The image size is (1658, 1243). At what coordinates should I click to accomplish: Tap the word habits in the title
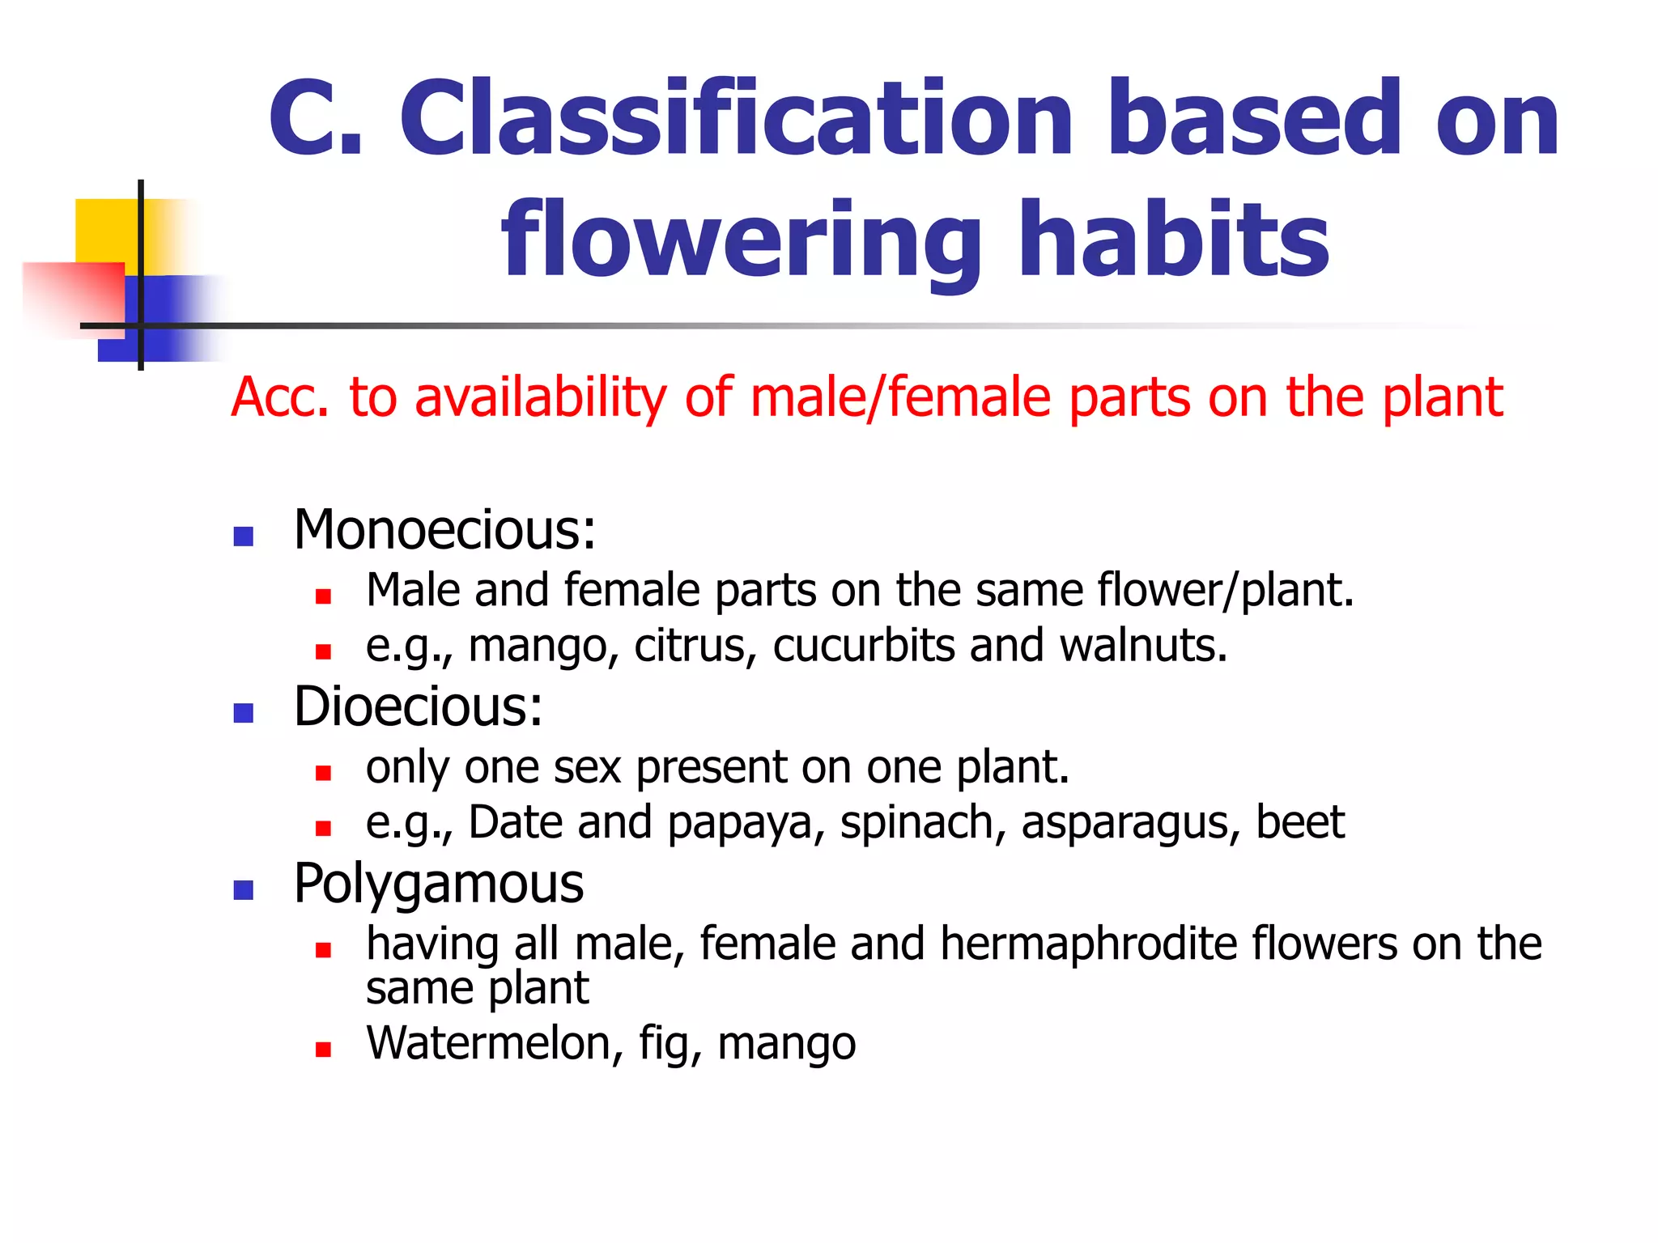coord(1174,240)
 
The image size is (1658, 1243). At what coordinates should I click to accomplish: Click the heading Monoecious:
coord(444,530)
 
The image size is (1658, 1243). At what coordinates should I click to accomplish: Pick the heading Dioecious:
coord(418,706)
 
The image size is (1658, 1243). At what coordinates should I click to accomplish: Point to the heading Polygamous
coord(438,884)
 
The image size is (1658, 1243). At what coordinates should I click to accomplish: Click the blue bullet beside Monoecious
coord(243,537)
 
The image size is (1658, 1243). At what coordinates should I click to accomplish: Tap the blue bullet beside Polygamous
coord(243,890)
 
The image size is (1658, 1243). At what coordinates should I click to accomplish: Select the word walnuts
coord(1143,646)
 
